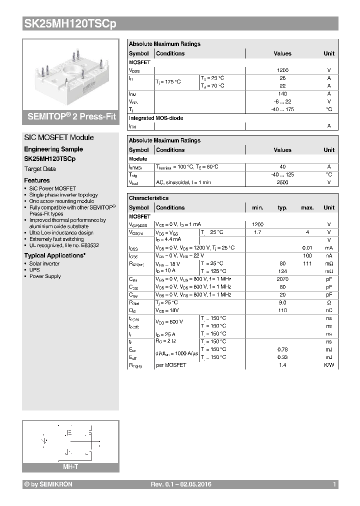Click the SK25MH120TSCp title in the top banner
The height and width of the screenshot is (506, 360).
click(70, 23)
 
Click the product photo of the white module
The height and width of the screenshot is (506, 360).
click(70, 73)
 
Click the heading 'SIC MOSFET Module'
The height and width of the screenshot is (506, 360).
click(58, 137)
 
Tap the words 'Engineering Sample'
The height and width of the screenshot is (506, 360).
click(53, 149)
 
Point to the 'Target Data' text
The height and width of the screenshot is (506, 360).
click(40, 169)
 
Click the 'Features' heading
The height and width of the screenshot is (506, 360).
click(37, 180)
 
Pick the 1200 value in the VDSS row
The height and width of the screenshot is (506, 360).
click(282, 70)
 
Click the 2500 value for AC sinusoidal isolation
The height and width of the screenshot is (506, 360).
click(282, 182)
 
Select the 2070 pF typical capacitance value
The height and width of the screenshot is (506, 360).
click(282, 279)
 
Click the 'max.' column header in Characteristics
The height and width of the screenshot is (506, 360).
click(307, 207)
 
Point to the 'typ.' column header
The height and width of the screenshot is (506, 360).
click(282, 207)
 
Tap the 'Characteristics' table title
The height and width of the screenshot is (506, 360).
click(148, 198)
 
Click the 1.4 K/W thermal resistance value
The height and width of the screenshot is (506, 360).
click(282, 365)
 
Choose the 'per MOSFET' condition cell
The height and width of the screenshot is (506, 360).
click(170, 365)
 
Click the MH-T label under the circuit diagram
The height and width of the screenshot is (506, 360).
click(70, 466)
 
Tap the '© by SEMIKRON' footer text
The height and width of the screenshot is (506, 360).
click(48, 484)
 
